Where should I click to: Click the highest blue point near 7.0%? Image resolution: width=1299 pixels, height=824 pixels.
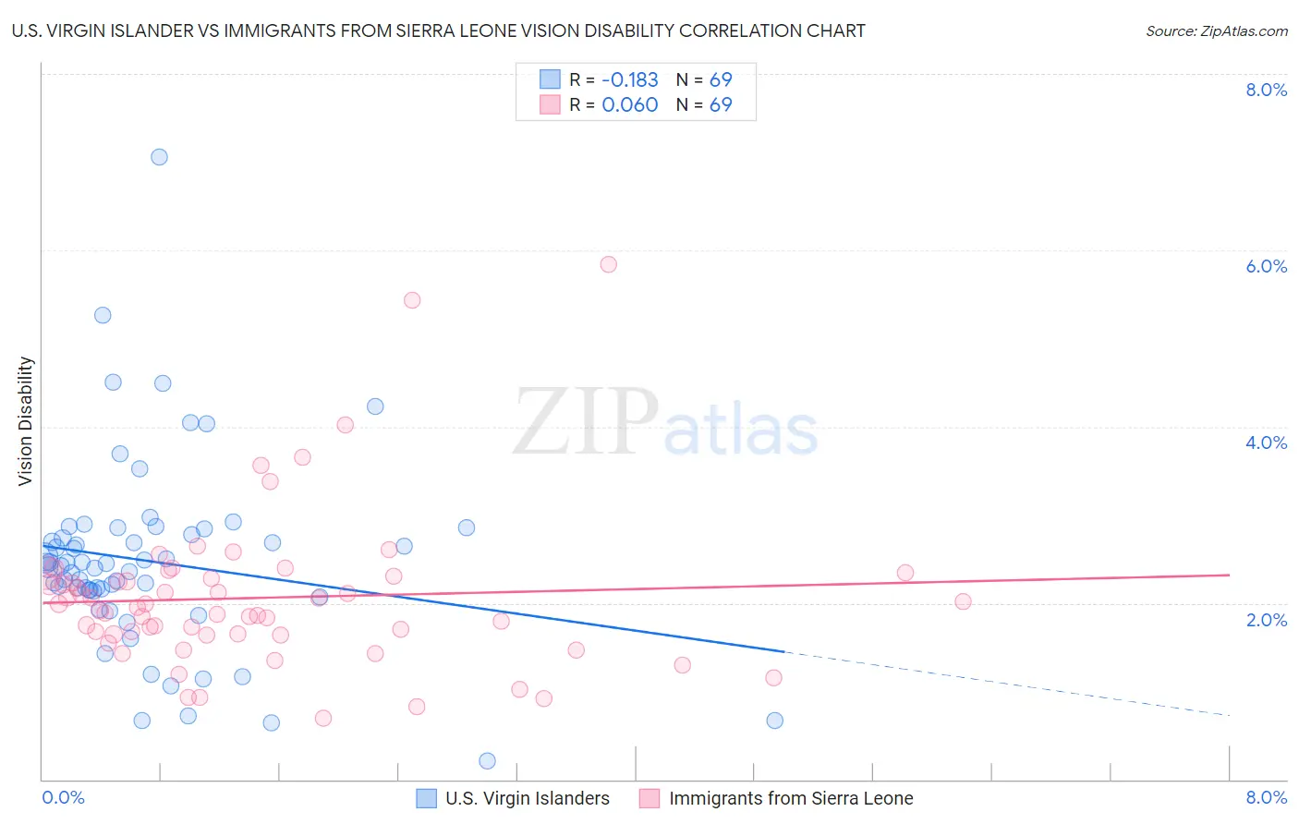[x=159, y=157]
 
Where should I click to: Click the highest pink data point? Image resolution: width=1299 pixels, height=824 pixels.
[x=608, y=264]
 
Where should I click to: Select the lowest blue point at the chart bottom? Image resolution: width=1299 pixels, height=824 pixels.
[x=487, y=760]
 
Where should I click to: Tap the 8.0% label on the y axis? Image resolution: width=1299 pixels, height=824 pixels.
[x=1266, y=90]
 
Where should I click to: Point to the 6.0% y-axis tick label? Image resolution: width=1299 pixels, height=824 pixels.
[x=1266, y=266]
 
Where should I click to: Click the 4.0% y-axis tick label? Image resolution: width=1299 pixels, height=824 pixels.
[x=1266, y=442]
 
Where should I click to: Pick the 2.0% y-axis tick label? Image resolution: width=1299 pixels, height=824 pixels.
[x=1266, y=620]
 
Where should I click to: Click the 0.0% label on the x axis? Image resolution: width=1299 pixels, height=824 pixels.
[x=63, y=797]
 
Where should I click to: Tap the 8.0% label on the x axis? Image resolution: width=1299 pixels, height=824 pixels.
[x=1266, y=797]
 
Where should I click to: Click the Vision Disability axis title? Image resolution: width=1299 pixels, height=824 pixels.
[x=26, y=421]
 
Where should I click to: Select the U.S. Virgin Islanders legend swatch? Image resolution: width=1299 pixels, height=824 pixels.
[x=426, y=798]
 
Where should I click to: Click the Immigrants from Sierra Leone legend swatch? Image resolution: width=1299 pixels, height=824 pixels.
[x=649, y=798]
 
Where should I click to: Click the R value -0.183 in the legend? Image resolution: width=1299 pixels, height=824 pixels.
[x=629, y=79]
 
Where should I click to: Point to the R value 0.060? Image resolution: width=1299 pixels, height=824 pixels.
[x=629, y=104]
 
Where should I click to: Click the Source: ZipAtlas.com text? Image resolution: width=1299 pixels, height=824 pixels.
[x=1216, y=30]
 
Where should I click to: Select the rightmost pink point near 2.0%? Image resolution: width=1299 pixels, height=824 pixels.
[x=963, y=601]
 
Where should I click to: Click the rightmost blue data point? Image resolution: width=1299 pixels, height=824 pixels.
[x=774, y=721]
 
